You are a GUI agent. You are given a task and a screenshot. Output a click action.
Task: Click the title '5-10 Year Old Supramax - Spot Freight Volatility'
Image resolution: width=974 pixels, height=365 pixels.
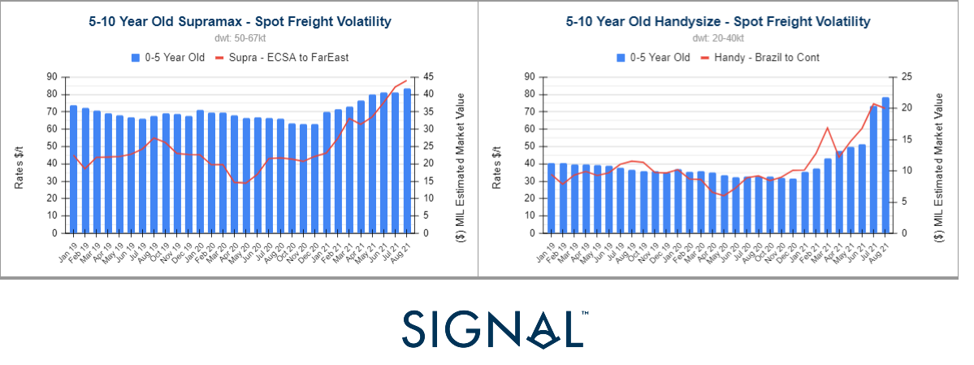(240, 21)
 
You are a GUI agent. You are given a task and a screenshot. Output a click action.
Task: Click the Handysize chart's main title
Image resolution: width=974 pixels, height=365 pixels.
(717, 21)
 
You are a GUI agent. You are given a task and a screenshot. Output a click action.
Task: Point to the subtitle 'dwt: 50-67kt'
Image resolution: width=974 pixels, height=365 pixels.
(240, 38)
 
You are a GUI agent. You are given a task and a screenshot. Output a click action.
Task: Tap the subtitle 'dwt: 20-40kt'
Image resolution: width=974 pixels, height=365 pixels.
(717, 38)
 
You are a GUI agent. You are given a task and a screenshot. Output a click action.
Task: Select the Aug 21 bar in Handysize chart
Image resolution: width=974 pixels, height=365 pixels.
(885, 165)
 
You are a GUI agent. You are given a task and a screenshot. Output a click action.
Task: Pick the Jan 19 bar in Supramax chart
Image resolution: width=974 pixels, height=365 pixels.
(73, 169)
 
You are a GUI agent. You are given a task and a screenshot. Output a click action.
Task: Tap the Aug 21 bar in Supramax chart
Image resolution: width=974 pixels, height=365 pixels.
(407, 160)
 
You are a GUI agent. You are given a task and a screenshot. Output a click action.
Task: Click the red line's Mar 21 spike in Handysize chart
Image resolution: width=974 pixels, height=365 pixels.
(827, 128)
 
